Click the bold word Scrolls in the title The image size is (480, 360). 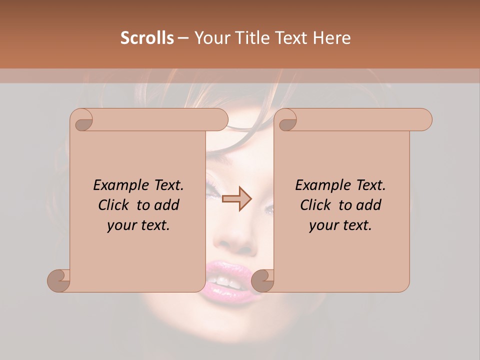coord(147,38)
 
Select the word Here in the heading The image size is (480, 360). coord(331,38)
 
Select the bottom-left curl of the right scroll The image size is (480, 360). coord(263,280)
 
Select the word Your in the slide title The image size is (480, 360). coord(210,38)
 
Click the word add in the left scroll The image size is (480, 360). coord(167,205)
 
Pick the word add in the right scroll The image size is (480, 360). coord(369,205)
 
